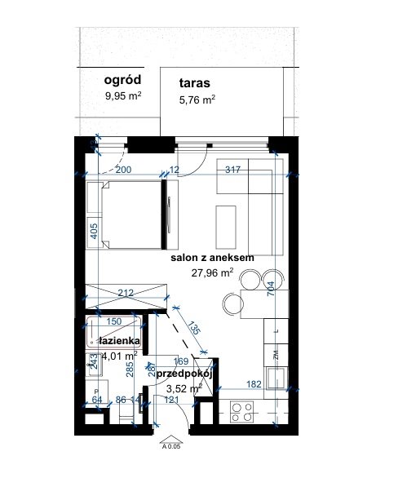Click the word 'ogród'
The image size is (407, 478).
coord(123,80)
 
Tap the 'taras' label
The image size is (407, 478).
coord(196,83)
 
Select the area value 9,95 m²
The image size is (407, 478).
coord(123,95)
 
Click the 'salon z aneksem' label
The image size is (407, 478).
coord(213,258)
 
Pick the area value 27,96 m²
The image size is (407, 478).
coord(212,273)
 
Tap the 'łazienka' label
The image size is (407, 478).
coord(119,339)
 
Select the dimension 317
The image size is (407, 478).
coord(232,170)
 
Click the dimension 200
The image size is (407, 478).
coord(123,170)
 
